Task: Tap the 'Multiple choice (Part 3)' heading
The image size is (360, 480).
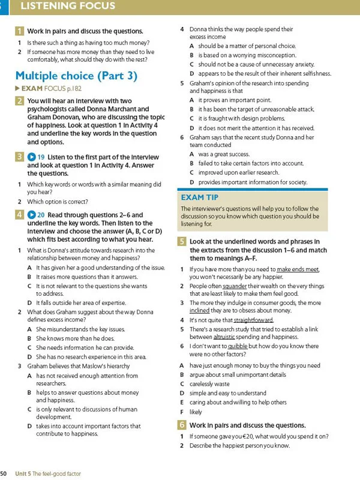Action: point(76,76)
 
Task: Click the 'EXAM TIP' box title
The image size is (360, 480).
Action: point(200,197)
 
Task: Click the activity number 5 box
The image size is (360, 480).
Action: point(182,242)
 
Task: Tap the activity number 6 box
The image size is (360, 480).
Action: point(182,425)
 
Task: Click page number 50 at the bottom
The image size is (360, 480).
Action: point(4,473)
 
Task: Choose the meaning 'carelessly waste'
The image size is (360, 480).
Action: point(209,384)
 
